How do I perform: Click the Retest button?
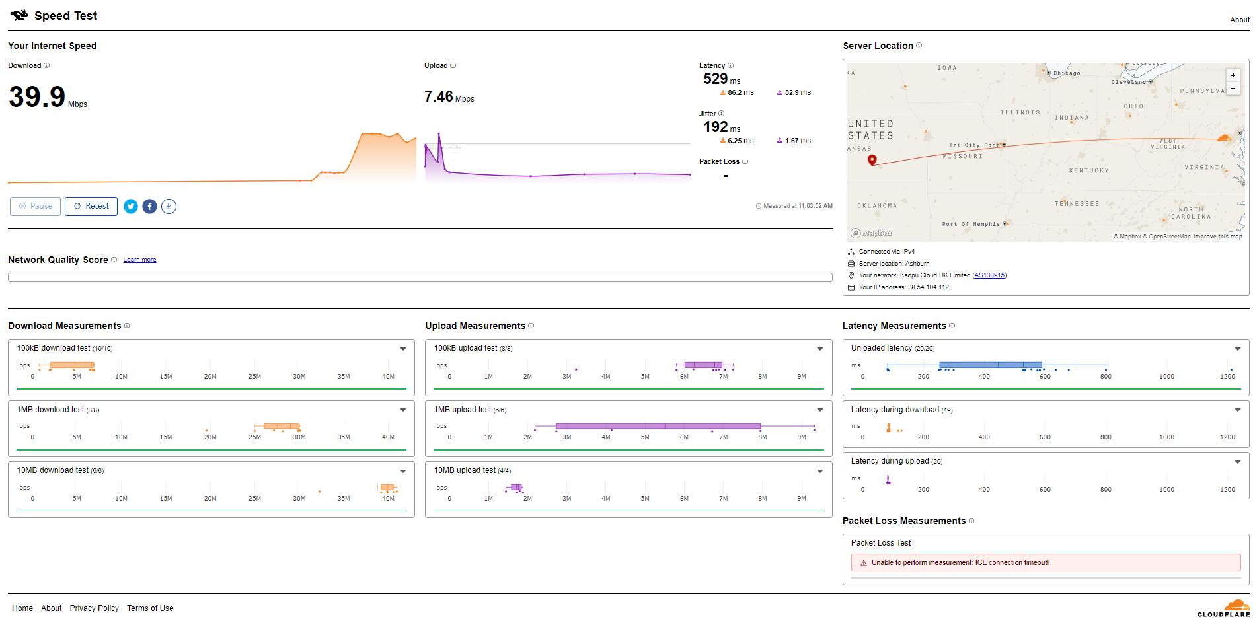(91, 206)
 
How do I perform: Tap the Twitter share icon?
(131, 207)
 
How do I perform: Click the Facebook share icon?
(150, 207)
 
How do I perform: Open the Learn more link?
(139, 260)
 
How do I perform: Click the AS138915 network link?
(989, 275)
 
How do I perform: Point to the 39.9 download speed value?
(37, 97)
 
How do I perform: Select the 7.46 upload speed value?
(438, 97)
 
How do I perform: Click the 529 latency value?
(715, 79)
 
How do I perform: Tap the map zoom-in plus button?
(1233, 75)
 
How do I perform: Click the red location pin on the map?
(872, 160)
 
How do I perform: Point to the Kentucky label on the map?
(1089, 170)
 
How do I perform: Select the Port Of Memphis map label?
(971, 224)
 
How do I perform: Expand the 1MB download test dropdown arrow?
(403, 410)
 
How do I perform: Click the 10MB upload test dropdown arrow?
(820, 471)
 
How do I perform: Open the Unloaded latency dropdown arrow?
(1238, 349)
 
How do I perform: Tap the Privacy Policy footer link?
(95, 608)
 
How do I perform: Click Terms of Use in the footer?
(150, 608)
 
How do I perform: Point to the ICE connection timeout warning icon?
(864, 563)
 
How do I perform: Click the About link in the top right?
(1240, 20)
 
